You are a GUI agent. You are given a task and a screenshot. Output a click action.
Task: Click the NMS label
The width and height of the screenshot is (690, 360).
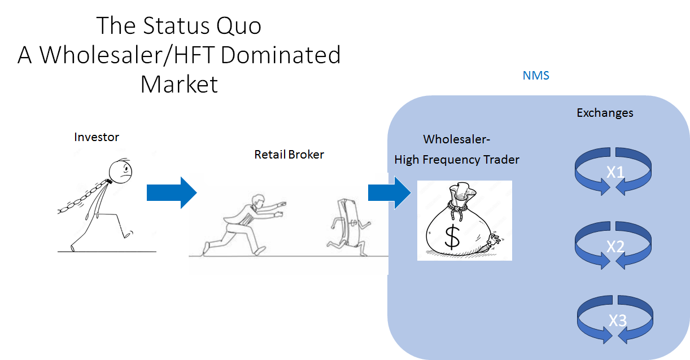(536, 76)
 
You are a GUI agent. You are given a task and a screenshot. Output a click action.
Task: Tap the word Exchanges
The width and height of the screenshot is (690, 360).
(605, 113)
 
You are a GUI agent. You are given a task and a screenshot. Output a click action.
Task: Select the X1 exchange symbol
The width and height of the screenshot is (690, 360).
(614, 172)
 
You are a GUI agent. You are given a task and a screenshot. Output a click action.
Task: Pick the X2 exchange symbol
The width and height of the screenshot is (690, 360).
(614, 245)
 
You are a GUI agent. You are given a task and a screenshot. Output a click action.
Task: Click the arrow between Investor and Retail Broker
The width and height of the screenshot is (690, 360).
(171, 192)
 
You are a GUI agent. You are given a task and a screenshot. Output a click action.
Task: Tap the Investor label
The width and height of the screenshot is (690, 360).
(97, 137)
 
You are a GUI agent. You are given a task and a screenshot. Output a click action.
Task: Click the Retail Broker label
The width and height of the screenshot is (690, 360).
(289, 154)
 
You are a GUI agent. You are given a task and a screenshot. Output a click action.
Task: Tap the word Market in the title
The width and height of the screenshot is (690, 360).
(179, 84)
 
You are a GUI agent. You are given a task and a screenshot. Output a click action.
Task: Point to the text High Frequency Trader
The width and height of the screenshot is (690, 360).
(456, 160)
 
